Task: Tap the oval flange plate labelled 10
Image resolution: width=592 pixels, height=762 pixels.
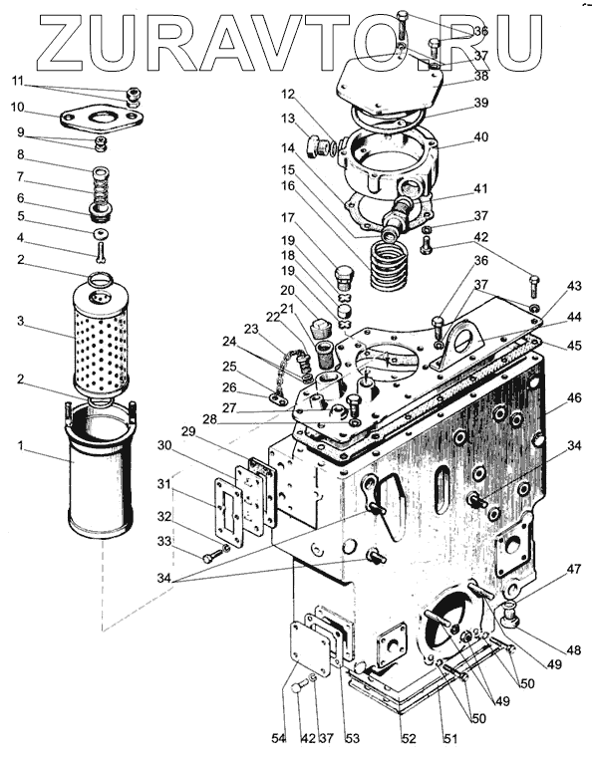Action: [x=102, y=119]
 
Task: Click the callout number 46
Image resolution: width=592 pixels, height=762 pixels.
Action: [x=573, y=397]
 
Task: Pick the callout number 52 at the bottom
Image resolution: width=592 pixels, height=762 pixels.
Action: [x=409, y=738]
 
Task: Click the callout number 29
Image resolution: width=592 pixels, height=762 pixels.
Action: [x=189, y=431]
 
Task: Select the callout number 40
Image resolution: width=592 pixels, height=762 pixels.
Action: [x=481, y=137]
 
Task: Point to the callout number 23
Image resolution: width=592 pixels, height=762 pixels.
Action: [x=251, y=330]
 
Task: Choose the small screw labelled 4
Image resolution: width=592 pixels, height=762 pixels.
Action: [x=101, y=251]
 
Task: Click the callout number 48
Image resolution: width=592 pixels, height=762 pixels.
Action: [x=573, y=649]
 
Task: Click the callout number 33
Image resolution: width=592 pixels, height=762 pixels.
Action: [x=164, y=541]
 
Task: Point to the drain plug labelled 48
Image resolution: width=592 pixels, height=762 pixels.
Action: [x=510, y=613]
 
